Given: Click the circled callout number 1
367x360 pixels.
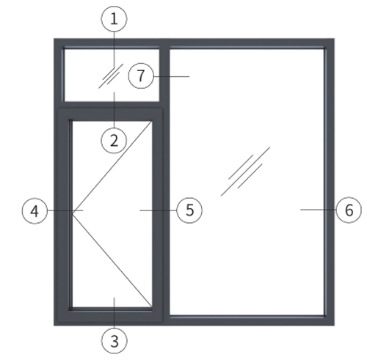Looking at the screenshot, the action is click(115, 19).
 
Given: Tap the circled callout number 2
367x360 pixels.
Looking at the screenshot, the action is click(114, 141).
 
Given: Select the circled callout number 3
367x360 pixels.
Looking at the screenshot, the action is click(115, 340).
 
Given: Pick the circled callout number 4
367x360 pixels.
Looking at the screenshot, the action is click(34, 210).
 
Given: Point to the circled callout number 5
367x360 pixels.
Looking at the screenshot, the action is click(189, 210).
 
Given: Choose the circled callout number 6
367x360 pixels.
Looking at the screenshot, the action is click(349, 210).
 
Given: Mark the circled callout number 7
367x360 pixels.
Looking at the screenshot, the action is click(141, 76).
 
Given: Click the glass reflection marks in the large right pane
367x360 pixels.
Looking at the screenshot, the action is click(245, 171).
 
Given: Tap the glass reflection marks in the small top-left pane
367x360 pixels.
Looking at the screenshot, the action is click(111, 76).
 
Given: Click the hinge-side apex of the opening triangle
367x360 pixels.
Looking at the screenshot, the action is click(73, 213).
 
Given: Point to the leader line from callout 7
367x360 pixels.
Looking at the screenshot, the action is click(172, 76).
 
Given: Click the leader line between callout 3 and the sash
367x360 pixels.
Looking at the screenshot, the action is click(115, 312).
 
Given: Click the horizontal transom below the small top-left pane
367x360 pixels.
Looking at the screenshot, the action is click(112, 105).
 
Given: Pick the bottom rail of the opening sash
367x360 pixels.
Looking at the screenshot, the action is click(109, 315).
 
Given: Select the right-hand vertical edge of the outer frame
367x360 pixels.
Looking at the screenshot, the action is click(330, 182).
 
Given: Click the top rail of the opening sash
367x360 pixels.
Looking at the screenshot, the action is click(109, 114).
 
